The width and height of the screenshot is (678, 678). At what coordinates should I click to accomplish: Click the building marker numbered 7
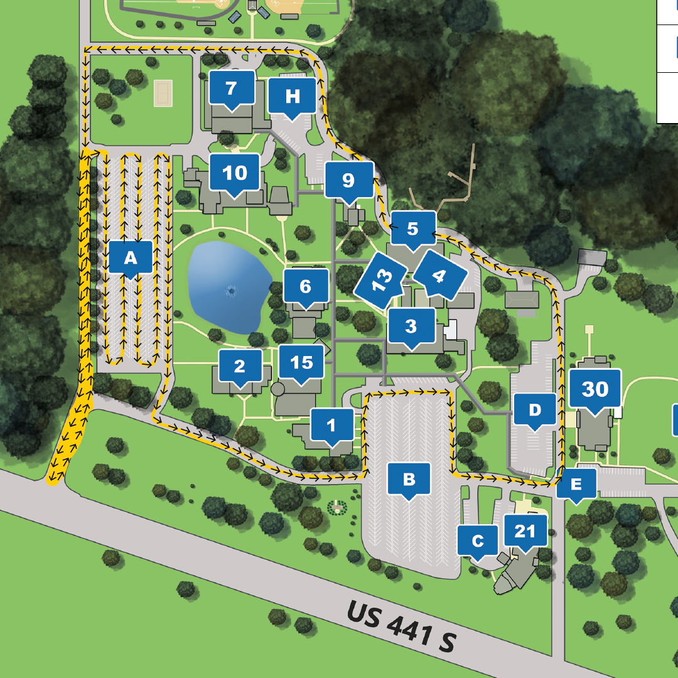click(232, 89)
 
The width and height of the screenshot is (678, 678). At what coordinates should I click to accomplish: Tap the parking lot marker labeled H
click(292, 97)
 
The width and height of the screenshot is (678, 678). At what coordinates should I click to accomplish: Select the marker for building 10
click(235, 173)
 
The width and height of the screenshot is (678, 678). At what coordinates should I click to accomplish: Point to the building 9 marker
click(348, 181)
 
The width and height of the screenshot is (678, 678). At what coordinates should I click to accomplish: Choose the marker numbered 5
click(412, 229)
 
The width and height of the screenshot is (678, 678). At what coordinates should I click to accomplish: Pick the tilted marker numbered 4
click(439, 275)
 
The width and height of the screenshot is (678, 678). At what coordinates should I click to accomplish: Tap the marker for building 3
click(411, 326)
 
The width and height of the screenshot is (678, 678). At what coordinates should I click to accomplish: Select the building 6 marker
click(306, 287)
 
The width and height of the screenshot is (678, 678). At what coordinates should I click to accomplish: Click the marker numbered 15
click(302, 363)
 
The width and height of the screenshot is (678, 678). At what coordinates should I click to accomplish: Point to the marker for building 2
click(239, 367)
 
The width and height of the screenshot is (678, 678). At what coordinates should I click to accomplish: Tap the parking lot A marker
click(131, 257)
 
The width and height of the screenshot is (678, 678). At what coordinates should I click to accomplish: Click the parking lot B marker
click(409, 480)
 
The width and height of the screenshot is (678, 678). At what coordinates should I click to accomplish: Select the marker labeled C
click(478, 541)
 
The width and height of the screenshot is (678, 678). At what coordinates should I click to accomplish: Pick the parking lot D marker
click(534, 411)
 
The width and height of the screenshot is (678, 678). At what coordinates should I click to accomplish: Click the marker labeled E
click(576, 484)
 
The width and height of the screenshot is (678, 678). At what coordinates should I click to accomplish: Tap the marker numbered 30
click(595, 390)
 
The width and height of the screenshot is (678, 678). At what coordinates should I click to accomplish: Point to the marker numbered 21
click(525, 532)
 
